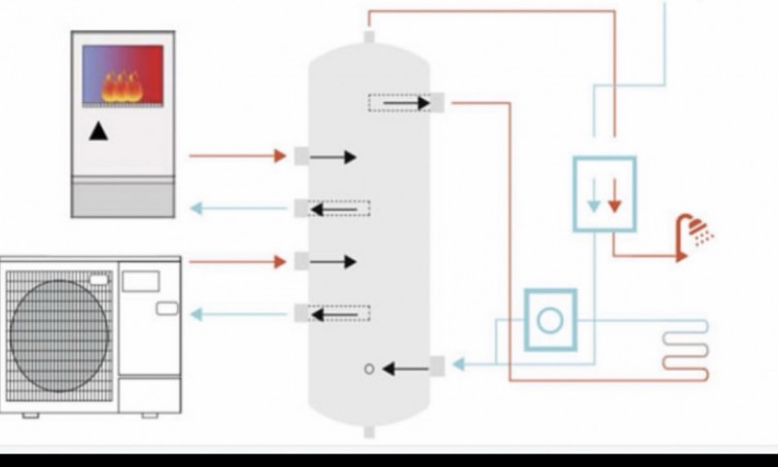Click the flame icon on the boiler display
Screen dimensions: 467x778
pos(123,87)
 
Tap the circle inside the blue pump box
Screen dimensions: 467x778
pos(550,319)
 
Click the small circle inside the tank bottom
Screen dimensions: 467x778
pos(369,369)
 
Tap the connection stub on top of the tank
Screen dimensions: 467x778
pos(369,38)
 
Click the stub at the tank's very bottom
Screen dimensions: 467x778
pos(369,431)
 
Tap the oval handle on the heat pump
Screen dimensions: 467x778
pos(166,308)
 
